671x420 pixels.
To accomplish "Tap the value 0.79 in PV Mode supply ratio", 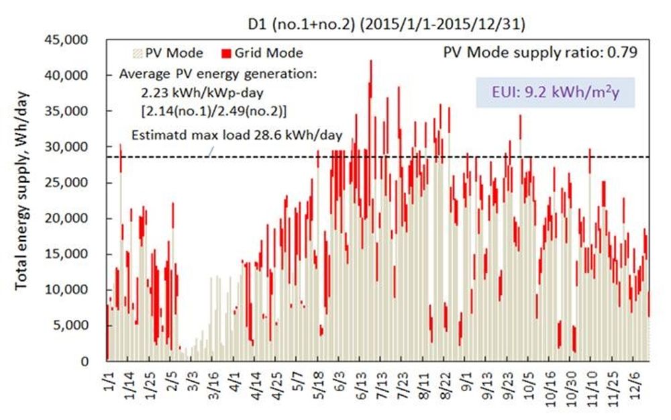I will [x=623, y=52].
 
